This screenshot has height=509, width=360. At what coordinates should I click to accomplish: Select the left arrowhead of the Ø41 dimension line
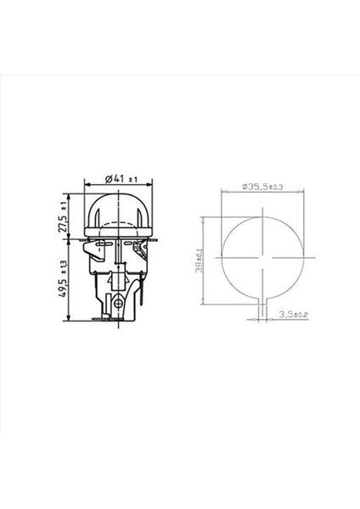pyautogui.click(x=86, y=187)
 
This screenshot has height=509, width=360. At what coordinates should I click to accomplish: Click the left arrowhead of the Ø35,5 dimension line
pyautogui.click(x=223, y=192)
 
